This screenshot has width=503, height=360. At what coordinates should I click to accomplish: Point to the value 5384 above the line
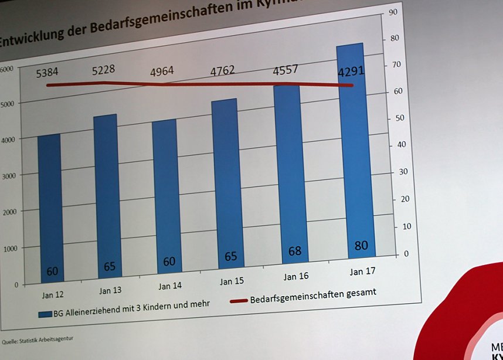47,73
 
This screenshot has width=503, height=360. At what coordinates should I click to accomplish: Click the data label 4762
222,71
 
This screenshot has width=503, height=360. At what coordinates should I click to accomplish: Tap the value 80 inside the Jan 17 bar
361,245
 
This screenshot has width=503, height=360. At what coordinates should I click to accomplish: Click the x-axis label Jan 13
110,290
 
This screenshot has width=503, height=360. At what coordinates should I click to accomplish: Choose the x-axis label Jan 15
232,282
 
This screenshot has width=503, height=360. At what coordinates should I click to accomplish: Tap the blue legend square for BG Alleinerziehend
45,314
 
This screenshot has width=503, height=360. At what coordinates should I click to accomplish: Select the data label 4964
162,72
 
